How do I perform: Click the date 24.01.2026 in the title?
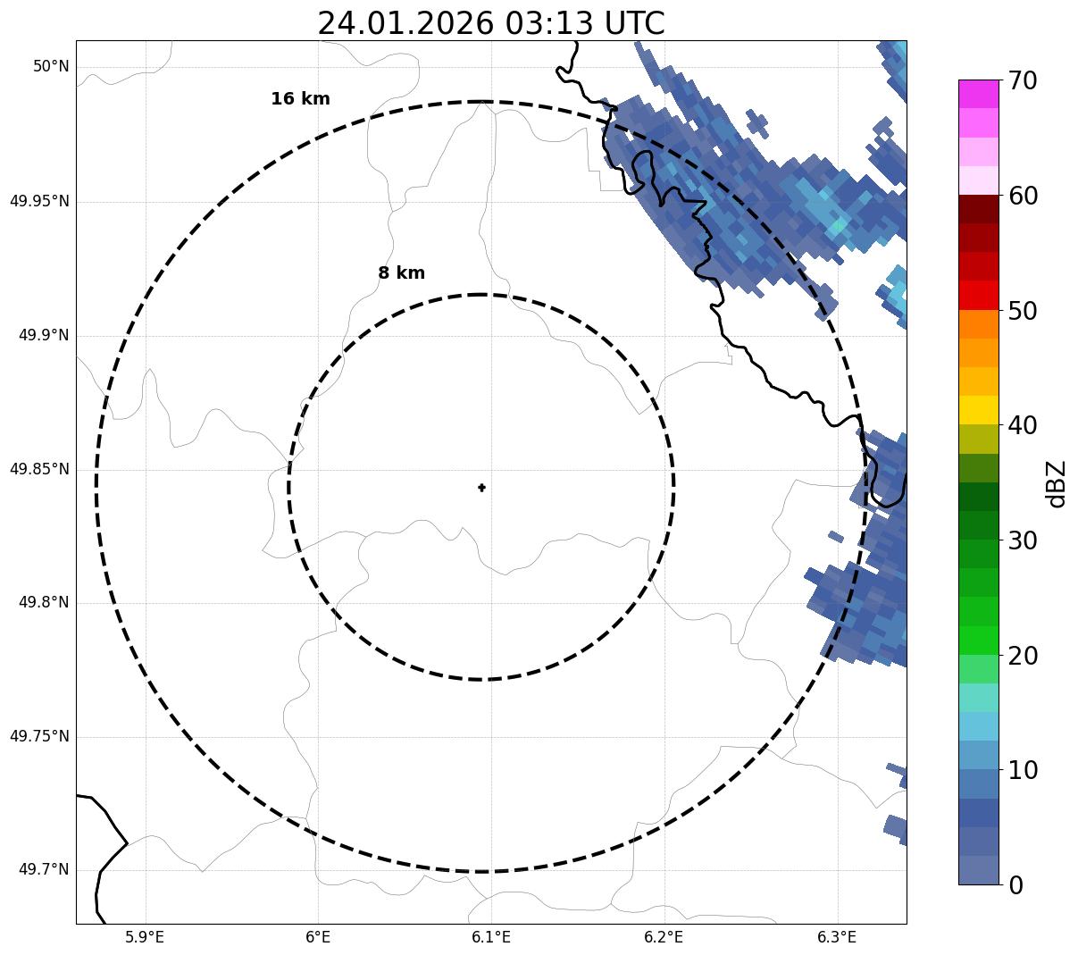pos(405,23)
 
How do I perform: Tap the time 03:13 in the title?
pos(548,23)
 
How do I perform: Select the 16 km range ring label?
pos(300,99)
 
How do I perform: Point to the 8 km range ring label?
pos(401,273)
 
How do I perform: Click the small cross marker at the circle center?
pos(481,488)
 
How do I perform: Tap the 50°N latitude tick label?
pos(51,67)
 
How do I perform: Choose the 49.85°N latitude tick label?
pos(39,469)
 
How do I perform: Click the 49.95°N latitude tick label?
pos(39,201)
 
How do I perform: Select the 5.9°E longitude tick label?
pos(145,937)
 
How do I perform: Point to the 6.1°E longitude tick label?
pos(491,937)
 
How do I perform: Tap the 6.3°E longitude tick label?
pos(837,937)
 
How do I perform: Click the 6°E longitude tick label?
pos(318,937)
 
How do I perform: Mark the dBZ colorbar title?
pos(1057,483)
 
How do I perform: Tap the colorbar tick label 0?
pos(1016,885)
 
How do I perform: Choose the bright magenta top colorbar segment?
pos(978,94)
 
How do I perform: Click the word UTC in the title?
pos(634,23)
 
